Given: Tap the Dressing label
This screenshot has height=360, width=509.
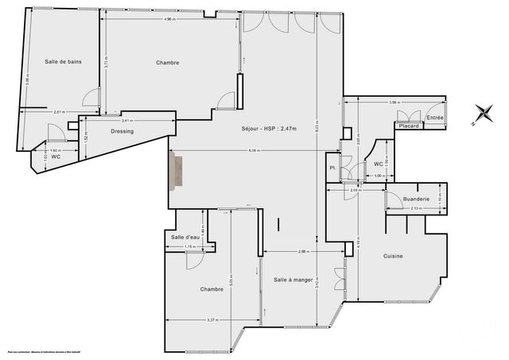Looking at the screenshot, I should click(x=122, y=131).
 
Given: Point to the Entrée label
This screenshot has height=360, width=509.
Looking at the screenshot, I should click(x=434, y=118).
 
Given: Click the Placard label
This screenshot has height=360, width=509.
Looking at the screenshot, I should click(x=409, y=126).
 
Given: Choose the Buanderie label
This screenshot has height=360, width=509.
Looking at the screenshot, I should click(x=417, y=199).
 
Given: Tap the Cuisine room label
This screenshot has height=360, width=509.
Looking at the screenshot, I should click(x=393, y=256).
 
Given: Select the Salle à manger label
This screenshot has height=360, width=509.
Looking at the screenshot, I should click(x=291, y=280).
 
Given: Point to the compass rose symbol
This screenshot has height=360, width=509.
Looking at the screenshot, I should click(x=482, y=114).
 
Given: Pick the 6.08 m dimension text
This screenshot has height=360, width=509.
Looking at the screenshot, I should click(x=253, y=151).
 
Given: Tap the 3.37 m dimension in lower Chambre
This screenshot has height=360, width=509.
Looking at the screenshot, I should click(x=212, y=320).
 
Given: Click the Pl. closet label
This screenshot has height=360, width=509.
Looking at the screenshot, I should click(x=332, y=168).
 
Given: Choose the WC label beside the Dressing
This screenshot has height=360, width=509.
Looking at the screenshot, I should click(x=56, y=157).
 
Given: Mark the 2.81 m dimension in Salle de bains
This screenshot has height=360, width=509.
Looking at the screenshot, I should click(x=58, y=112).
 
